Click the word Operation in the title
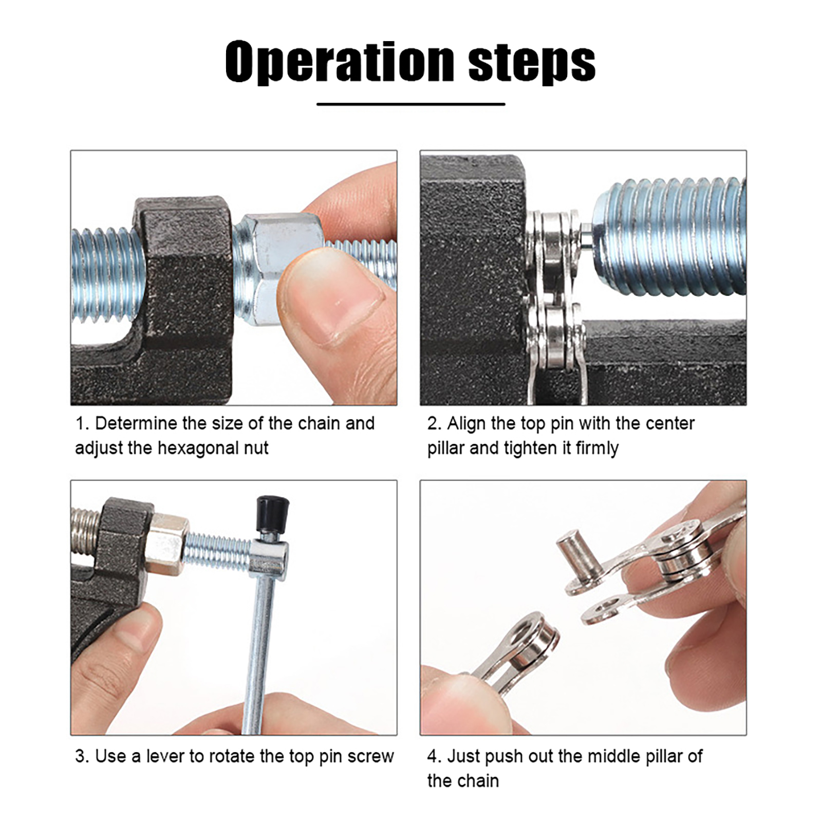[340, 62]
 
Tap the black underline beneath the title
[411, 104]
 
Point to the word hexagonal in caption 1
[199, 448]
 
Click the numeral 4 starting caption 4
[432, 757]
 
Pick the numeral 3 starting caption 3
[80, 757]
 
